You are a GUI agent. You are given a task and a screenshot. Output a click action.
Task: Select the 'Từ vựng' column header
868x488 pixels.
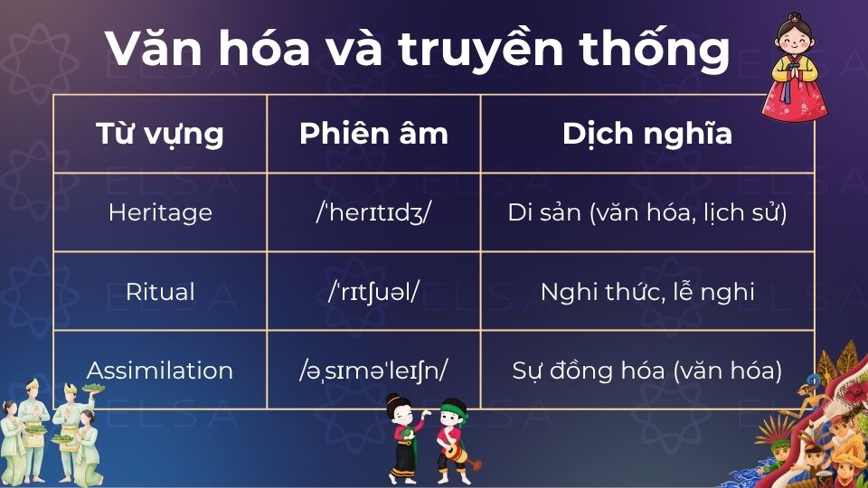tap(160, 134)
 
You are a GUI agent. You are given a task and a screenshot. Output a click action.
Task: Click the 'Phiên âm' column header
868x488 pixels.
tap(373, 134)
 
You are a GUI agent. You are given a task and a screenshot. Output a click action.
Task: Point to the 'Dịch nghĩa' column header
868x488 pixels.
tap(647, 134)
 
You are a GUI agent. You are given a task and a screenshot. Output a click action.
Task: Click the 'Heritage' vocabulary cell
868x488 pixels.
tap(160, 212)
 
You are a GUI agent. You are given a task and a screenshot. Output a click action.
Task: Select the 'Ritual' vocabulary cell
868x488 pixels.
tap(160, 292)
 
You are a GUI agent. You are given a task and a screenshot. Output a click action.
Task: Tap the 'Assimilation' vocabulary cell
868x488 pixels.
tap(160, 371)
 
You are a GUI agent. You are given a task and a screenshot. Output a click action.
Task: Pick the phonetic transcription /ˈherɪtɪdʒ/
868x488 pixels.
tap(373, 212)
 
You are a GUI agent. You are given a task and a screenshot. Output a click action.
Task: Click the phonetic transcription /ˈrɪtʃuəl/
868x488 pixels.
tap(373, 292)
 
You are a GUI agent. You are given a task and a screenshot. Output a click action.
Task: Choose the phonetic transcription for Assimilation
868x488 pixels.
tap(373, 371)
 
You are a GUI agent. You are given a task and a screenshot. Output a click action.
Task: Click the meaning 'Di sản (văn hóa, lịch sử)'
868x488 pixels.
tap(647, 212)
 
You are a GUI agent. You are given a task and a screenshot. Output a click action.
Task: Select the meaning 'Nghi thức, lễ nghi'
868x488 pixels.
tap(647, 292)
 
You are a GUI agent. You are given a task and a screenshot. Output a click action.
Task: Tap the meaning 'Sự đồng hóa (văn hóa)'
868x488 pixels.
tap(647, 371)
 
